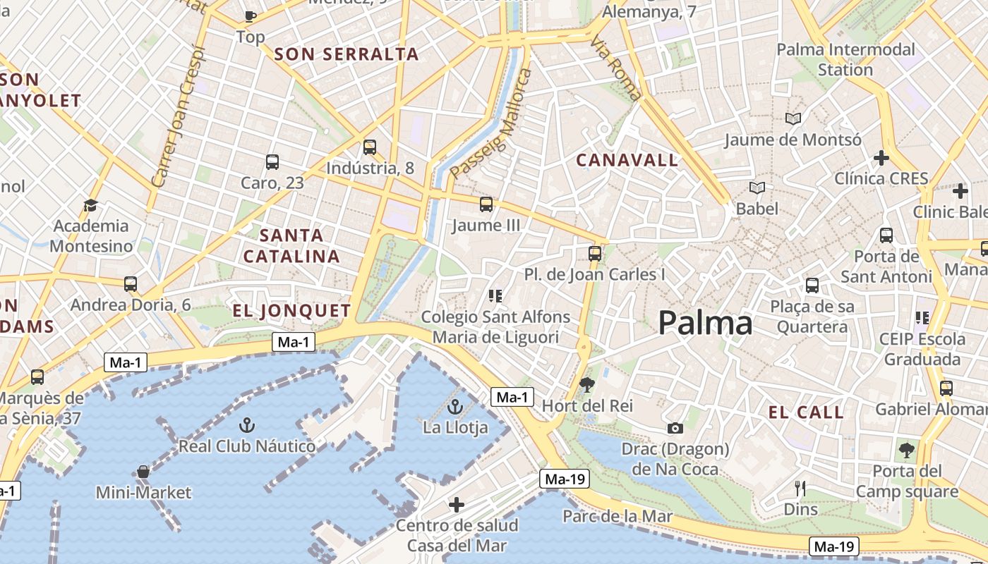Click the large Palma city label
(705, 324)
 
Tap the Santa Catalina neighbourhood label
(291, 245)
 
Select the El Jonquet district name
(291, 311)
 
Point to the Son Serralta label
(346, 54)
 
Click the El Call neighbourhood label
(806, 413)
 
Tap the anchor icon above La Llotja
(455, 407)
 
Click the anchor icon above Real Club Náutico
(246, 425)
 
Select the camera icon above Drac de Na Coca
(675, 428)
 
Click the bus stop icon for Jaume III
(486, 205)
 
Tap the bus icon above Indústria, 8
(370, 147)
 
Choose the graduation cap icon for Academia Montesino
(90, 205)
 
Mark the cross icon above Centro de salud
(457, 504)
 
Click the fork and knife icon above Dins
(800, 488)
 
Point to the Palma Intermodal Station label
(845, 59)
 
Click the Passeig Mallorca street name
(491, 124)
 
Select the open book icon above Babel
(757, 188)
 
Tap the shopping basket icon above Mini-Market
(143, 472)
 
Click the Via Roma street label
(616, 68)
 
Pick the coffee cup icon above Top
(250, 16)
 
